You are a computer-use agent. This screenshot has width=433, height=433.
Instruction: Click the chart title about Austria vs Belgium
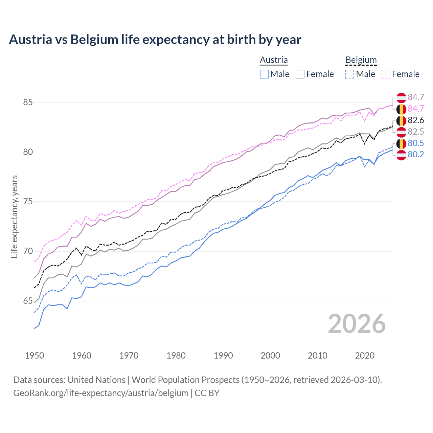(x=155, y=40)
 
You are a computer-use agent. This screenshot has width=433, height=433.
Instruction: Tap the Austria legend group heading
(x=274, y=60)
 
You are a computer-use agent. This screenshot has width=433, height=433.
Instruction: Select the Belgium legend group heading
(x=361, y=60)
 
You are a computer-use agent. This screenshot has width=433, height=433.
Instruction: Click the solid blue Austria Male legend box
(x=264, y=74)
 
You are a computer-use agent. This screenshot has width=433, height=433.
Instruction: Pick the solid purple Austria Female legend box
(x=300, y=74)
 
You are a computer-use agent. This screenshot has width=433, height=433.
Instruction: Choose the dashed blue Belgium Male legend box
(x=350, y=74)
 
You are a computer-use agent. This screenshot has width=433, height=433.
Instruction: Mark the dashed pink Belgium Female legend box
(x=386, y=74)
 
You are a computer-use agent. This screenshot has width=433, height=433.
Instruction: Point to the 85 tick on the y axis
(x=28, y=102)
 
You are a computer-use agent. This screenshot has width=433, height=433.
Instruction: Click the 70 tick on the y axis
(x=28, y=251)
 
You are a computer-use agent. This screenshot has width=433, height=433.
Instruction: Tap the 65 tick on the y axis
(x=28, y=301)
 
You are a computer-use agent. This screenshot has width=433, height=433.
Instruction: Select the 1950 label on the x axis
(x=35, y=356)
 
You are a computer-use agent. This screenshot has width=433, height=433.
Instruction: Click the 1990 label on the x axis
(x=223, y=356)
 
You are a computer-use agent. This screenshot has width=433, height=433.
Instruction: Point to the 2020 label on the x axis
(x=365, y=356)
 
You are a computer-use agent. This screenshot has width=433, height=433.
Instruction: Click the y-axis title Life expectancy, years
(x=15, y=216)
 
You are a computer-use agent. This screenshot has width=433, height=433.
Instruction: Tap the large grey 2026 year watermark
(x=357, y=324)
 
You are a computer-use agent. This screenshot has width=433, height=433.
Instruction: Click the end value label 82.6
(x=416, y=120)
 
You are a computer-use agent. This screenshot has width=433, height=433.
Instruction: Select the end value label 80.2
(x=416, y=155)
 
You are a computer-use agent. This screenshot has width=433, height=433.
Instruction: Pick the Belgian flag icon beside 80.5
(x=401, y=143)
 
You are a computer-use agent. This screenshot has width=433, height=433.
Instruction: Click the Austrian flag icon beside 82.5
(x=401, y=132)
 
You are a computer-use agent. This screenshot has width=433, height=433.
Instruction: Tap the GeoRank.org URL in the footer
(x=101, y=393)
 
